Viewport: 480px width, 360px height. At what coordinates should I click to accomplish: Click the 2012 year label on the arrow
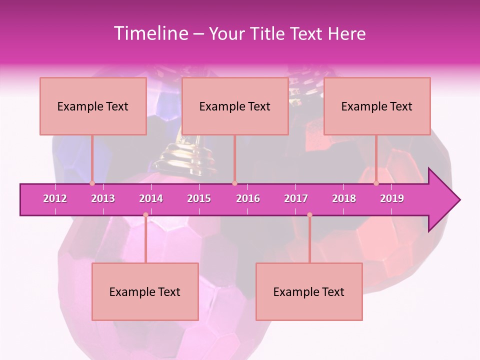55,198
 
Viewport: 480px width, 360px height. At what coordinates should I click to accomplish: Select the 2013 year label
103,198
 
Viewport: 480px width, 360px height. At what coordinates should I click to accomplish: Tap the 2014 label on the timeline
151,198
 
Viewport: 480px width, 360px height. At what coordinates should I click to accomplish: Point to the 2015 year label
199,198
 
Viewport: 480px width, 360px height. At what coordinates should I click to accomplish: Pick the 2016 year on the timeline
248,198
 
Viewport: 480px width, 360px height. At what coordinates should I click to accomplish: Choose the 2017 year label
296,198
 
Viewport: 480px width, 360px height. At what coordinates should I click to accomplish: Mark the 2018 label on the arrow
344,198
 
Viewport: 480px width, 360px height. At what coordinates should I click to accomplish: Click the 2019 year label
392,198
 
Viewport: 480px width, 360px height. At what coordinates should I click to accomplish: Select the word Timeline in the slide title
150,33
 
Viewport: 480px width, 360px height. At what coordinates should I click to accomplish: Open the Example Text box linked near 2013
93,106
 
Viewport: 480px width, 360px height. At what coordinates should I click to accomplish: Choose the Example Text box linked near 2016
235,106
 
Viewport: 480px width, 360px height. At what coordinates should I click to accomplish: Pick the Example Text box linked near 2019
377,106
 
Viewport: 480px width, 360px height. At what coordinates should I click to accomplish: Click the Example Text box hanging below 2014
145,291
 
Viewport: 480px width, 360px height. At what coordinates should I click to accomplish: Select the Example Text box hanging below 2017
309,291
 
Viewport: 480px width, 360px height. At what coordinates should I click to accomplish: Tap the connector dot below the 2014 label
145,215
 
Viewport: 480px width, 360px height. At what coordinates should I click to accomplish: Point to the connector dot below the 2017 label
309,215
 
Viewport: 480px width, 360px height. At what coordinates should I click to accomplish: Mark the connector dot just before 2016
234,183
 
